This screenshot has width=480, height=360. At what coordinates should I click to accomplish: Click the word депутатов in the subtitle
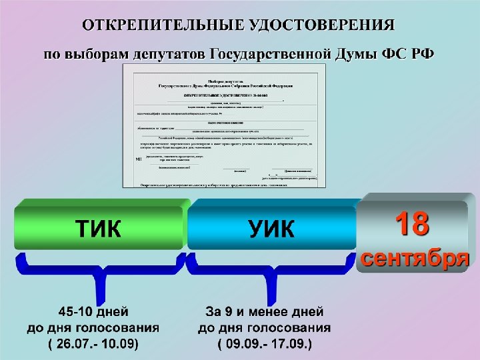[171, 53]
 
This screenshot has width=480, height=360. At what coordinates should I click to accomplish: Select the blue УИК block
[271, 229]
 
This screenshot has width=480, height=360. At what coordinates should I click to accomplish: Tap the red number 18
[411, 225]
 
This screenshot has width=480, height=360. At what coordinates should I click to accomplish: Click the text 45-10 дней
[93, 312]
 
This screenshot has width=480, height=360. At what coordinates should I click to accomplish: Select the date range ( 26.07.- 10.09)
[93, 345]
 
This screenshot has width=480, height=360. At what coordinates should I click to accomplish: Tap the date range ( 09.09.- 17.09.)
[265, 345]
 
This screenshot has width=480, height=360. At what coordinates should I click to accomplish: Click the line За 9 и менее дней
[265, 312]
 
